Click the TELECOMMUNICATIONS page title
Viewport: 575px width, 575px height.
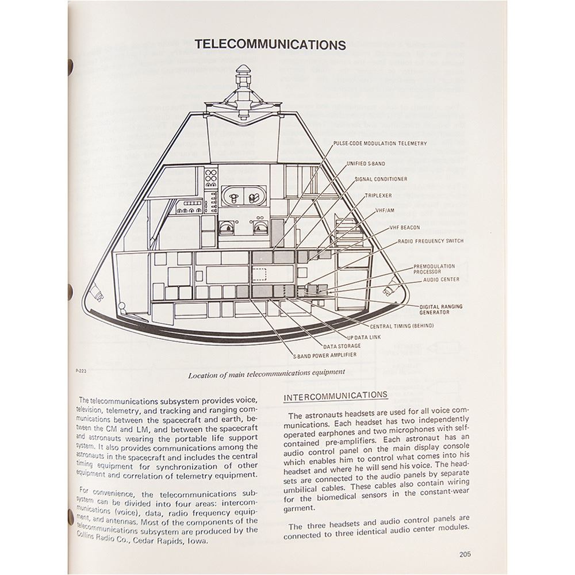point(270,45)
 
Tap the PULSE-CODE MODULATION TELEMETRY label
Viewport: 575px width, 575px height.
point(379,144)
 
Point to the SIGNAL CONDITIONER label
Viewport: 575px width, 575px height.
point(381,179)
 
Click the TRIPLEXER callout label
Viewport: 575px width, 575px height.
point(378,195)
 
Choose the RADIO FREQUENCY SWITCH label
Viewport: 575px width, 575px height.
point(431,241)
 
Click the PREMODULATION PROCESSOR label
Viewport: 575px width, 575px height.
point(434,269)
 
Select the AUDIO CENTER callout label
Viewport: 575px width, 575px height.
point(441,279)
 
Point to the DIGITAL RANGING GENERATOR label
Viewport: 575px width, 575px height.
point(440,309)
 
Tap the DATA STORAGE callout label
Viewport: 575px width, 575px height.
point(342,346)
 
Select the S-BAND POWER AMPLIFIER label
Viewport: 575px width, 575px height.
point(324,355)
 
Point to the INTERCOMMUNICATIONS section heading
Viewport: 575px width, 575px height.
point(336,395)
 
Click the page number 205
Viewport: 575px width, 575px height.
point(465,554)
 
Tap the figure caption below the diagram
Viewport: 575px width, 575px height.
point(267,372)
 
